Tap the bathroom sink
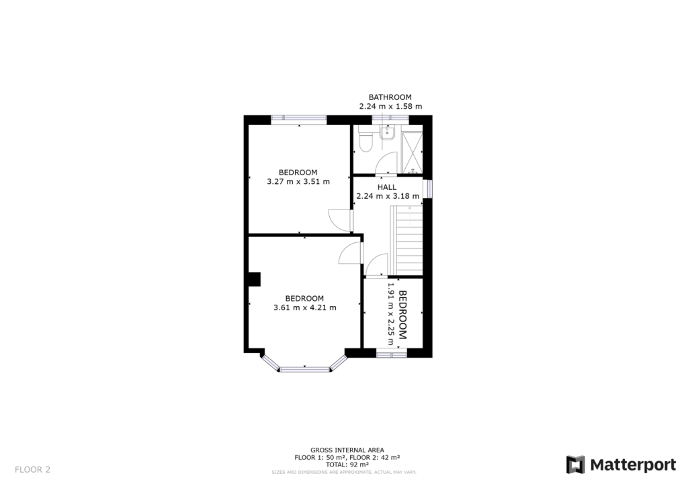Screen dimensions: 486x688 coord(387,134)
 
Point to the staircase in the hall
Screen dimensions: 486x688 coord(407,239)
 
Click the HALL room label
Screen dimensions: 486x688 coord(387,187)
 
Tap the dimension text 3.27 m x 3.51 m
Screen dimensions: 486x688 coord(298,181)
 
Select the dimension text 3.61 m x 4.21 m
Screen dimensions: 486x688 coord(304,307)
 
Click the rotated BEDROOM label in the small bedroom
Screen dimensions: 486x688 coord(403,314)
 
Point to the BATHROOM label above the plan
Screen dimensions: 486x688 coord(390,97)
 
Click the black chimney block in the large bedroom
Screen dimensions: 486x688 coord(254,279)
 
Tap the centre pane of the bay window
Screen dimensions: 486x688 coord(304,368)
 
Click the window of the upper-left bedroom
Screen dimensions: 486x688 coord(298,119)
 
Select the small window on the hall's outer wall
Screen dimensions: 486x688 coord(429,189)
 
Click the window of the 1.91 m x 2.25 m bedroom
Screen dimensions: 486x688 coord(391,352)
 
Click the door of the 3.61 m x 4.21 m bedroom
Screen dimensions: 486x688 coord(351,253)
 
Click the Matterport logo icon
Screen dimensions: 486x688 coord(575,465)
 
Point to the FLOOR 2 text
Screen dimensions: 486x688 coord(32,469)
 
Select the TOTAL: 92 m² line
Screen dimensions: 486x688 coord(347,465)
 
